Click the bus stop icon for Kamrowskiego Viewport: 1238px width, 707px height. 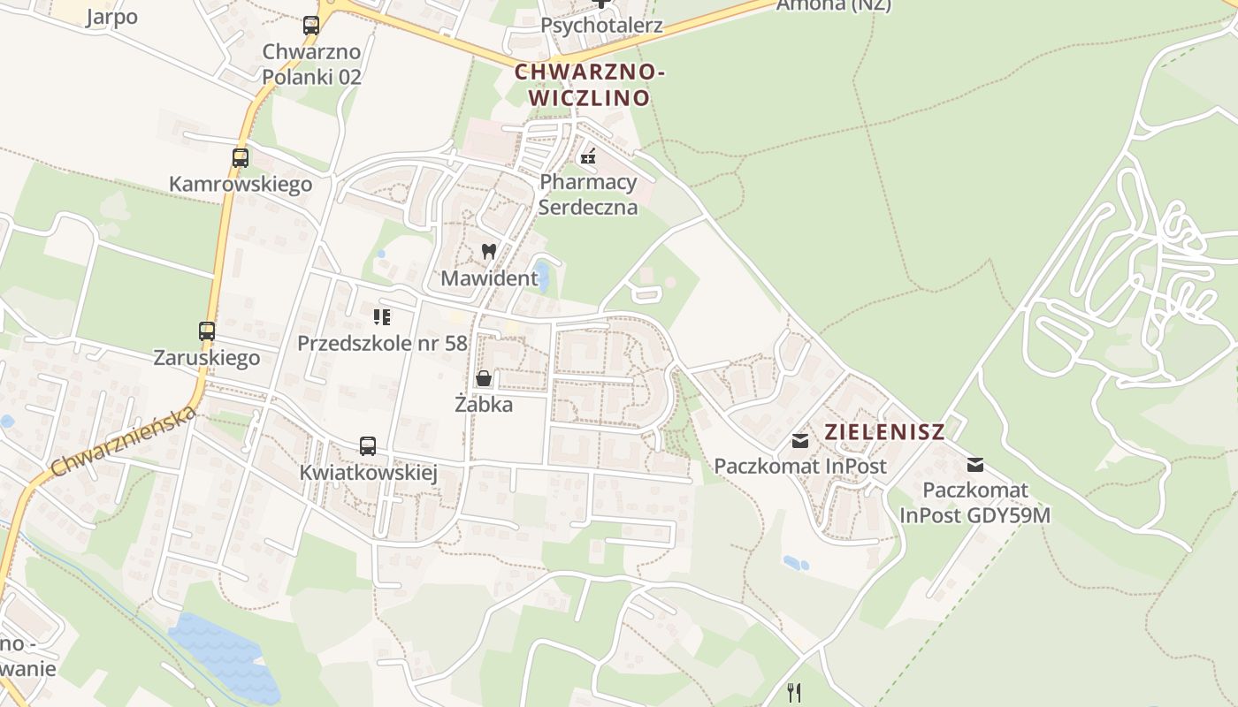click(240, 158)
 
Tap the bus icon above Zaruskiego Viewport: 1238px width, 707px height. click(207, 331)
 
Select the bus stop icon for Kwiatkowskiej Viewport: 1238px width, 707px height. click(368, 446)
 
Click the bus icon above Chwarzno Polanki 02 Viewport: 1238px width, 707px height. click(311, 26)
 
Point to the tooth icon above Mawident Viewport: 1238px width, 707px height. click(488, 252)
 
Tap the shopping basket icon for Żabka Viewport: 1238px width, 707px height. click(484, 379)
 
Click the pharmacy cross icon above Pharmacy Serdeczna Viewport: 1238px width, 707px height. click(588, 157)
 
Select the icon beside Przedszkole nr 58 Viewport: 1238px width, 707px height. click(382, 316)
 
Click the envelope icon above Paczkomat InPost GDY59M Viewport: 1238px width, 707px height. click(975, 464)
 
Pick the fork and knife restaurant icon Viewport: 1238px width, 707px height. click(794, 692)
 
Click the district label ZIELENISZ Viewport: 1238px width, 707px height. click(884, 432)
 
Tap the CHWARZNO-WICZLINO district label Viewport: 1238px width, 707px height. click(589, 85)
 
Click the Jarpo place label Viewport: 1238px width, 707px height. click(112, 18)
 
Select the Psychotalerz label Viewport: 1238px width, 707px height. click(601, 25)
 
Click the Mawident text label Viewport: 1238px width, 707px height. click(489, 278)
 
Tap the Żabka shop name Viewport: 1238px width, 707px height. click(484, 405)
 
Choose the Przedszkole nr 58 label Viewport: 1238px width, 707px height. click(382, 343)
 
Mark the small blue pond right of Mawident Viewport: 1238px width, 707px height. click(542, 277)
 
